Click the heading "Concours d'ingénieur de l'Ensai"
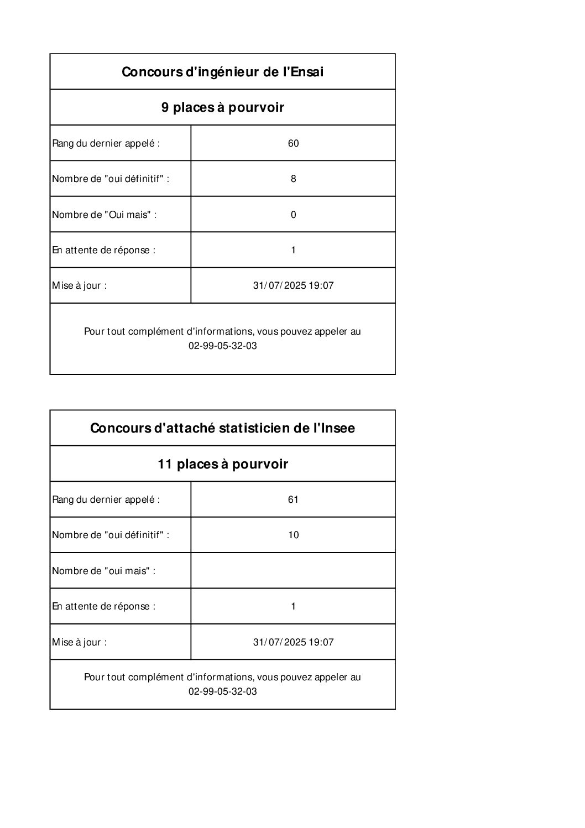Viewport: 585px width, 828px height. click(222, 72)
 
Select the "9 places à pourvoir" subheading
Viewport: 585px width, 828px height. click(222, 107)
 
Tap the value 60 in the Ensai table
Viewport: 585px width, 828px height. click(293, 143)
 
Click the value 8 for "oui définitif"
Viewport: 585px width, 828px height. click(293, 179)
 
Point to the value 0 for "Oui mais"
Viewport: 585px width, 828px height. click(293, 215)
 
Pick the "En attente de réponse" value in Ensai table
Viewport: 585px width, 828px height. click(293, 250)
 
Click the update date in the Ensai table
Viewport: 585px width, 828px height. click(293, 286)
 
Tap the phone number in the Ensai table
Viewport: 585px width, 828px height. click(222, 346)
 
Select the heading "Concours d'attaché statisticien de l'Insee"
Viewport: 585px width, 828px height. click(222, 428)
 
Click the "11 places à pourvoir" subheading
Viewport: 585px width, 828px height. click(222, 464)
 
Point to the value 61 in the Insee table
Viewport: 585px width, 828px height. click(293, 499)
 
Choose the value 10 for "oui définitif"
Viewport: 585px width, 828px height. click(293, 535)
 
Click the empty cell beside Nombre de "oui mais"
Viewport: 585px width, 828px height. click(293, 570)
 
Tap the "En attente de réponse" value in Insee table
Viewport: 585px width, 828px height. click(293, 606)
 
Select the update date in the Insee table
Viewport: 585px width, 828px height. click(293, 642)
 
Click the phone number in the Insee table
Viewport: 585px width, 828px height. click(222, 692)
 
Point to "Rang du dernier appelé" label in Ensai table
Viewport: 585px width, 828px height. click(106, 143)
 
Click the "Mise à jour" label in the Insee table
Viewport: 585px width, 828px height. click(79, 642)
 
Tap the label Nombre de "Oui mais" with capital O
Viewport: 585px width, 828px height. click(104, 215)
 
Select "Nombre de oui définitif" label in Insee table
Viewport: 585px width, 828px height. click(110, 535)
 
